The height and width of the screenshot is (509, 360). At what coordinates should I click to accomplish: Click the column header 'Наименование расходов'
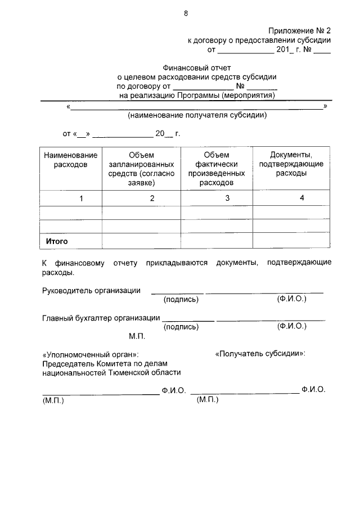tap(71, 160)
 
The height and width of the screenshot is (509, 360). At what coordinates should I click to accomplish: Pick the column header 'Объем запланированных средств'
tap(141, 169)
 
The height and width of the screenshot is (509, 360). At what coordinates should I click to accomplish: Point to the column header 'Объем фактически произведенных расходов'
tap(217, 169)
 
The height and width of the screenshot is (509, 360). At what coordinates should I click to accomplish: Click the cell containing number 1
tap(81, 198)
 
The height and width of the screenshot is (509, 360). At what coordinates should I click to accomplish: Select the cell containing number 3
tap(227, 197)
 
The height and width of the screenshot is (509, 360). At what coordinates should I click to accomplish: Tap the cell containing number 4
tap(301, 197)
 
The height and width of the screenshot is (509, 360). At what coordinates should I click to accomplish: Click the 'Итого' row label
tap(57, 241)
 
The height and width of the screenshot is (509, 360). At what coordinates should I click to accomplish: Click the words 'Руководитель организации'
tap(92, 290)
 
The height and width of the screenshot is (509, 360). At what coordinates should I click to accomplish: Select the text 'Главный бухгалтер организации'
tap(101, 318)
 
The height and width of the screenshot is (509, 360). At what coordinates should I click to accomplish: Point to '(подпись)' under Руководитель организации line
tap(181, 299)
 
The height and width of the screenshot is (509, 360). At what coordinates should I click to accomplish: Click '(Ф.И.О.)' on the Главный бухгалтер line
tap(291, 326)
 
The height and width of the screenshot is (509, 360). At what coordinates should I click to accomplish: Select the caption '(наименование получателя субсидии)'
tap(196, 115)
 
